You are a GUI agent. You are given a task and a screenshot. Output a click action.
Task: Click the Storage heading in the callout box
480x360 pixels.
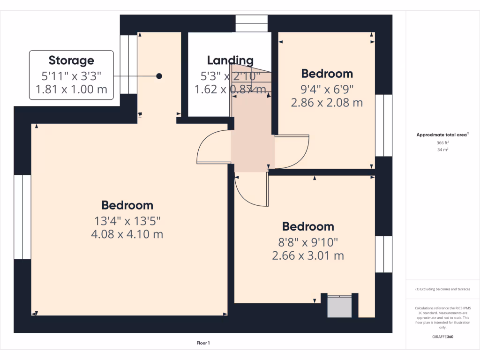(x=71, y=60)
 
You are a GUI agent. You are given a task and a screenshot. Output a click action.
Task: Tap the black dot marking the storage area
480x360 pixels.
(x=159, y=76)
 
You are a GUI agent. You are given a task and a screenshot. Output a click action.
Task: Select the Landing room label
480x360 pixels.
(x=230, y=60)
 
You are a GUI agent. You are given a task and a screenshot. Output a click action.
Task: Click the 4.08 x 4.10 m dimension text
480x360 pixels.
(x=127, y=234)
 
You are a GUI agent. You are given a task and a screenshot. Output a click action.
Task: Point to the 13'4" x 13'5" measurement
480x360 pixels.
(x=127, y=220)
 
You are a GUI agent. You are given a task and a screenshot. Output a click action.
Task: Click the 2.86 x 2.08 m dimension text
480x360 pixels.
(x=327, y=102)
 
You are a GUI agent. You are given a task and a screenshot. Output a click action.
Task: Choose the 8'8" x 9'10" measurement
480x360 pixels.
(x=308, y=242)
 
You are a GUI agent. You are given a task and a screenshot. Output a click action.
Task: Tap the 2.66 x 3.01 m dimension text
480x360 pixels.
(x=308, y=255)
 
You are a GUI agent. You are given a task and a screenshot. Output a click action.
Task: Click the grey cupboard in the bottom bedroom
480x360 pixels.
(x=339, y=307)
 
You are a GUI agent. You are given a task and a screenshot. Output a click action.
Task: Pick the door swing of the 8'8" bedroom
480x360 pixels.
(x=251, y=190)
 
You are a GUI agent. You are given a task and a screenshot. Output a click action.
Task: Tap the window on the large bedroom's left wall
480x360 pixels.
(x=22, y=217)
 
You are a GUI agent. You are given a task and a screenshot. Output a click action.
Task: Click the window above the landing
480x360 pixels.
(x=251, y=23)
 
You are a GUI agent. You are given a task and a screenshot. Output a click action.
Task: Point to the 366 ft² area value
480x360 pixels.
(x=443, y=142)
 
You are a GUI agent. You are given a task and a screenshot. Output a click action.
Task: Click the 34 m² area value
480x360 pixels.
(x=443, y=150)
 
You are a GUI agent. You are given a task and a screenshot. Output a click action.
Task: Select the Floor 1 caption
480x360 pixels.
(x=203, y=344)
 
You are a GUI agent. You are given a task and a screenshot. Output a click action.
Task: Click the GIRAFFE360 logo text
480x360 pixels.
(x=443, y=337)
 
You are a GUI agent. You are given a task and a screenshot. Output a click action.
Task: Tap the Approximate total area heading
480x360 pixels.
(x=442, y=135)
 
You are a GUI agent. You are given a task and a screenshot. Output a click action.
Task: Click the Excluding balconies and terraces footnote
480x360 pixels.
(x=443, y=289)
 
